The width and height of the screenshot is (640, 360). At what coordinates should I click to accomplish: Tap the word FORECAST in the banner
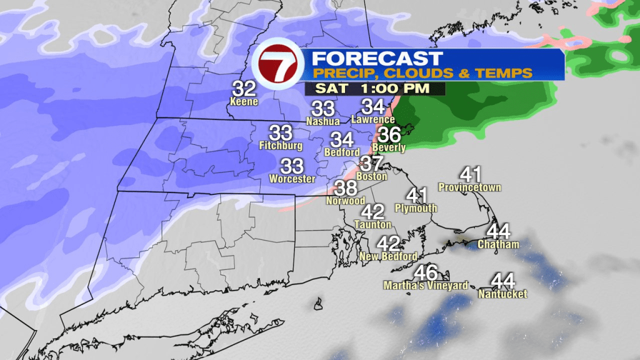377,59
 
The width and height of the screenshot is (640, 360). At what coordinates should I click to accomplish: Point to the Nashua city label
323,121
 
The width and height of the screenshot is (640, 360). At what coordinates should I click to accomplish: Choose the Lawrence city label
373,119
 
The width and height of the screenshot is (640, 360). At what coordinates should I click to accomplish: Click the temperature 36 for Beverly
390,135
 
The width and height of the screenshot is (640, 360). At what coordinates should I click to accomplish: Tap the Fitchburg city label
281,146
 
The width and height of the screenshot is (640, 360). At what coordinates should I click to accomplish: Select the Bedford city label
342,152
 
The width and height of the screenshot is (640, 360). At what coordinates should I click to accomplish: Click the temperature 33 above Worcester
292,166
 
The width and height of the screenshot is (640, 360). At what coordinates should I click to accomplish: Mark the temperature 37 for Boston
372,164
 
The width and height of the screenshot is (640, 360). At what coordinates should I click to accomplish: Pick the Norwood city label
346,201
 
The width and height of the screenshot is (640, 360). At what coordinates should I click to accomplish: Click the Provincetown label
470,187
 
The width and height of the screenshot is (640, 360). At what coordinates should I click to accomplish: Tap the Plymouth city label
416,208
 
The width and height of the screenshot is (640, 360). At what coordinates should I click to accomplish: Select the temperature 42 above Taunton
373,212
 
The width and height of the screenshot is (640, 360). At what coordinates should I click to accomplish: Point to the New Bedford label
389,257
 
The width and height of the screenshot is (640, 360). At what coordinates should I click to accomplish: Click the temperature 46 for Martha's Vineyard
426,273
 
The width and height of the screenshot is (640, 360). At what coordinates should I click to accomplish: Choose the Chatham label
498,244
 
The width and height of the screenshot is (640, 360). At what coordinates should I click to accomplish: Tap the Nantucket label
502,294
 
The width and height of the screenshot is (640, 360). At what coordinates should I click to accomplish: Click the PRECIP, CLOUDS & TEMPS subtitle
422,74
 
